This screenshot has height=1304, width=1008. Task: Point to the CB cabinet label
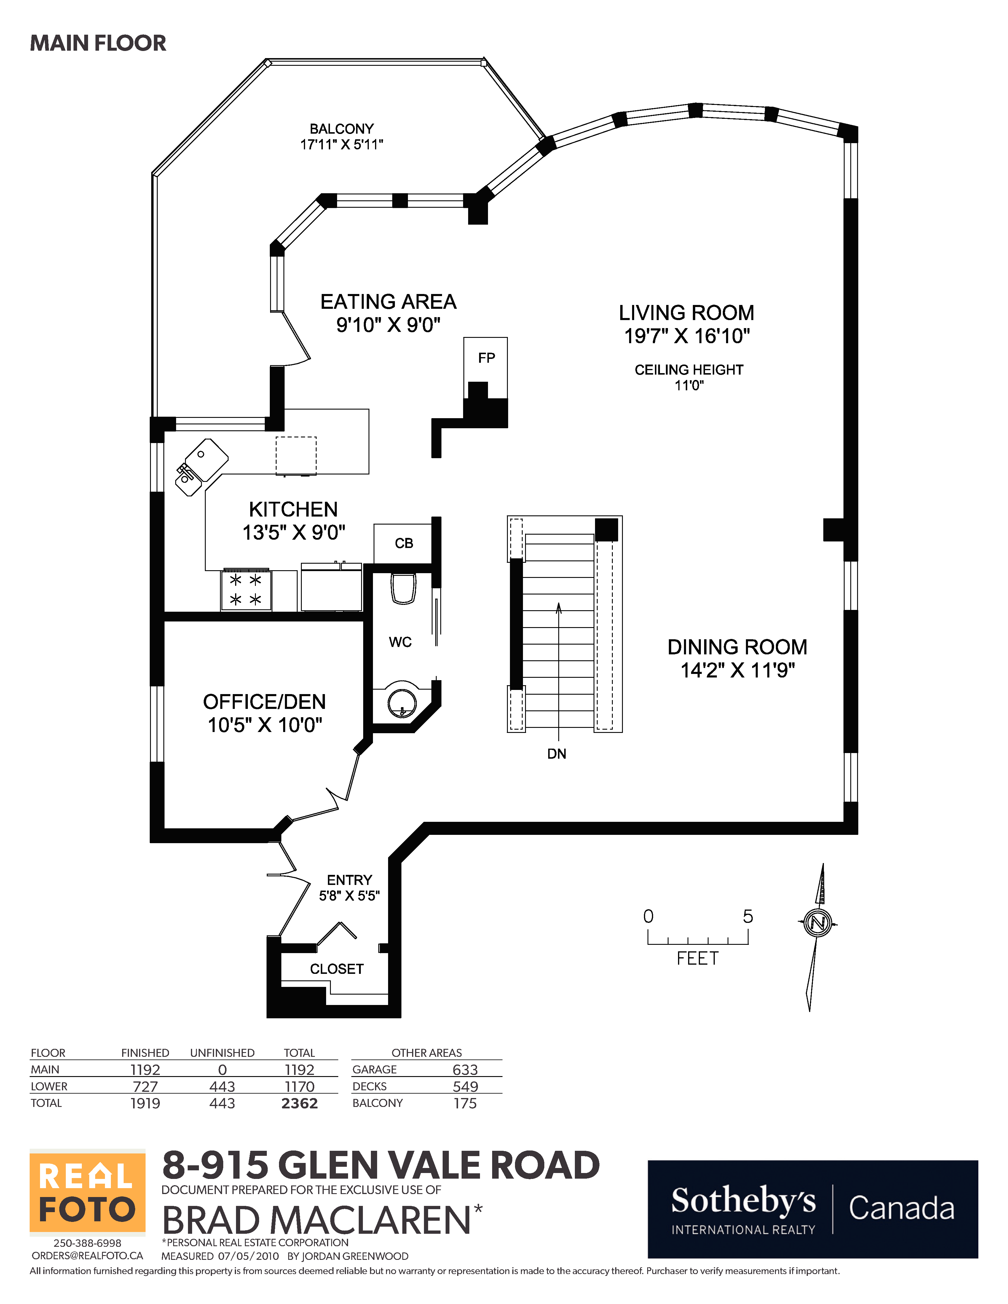[404, 543]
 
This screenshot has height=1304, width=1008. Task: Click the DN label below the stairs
[556, 754]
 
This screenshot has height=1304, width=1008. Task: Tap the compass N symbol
[817, 923]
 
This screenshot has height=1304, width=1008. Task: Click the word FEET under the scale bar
[697, 958]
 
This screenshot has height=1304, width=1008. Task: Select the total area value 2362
[299, 1103]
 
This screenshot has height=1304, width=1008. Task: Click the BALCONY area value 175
[465, 1103]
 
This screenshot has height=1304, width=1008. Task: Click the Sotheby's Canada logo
[812, 1209]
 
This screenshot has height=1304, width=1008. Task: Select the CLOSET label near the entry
[336, 969]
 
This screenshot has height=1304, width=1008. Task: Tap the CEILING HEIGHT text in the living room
[688, 370]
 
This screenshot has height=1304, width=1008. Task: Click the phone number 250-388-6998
[87, 1243]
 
